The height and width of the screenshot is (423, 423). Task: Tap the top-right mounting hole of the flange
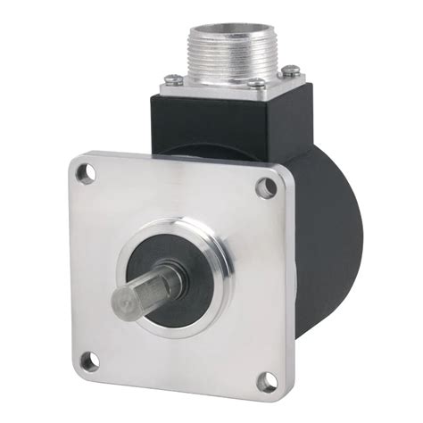[266, 187]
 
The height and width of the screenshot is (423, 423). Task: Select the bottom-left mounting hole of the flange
[87, 361]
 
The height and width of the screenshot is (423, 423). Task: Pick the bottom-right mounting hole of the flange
[265, 383]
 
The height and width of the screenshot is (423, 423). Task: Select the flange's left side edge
[66, 268]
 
